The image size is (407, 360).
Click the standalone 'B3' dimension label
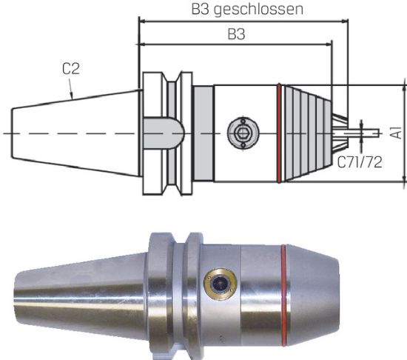235,35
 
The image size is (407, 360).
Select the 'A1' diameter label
397,132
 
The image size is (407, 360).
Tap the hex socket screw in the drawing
240,133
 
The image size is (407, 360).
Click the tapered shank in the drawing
74,133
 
